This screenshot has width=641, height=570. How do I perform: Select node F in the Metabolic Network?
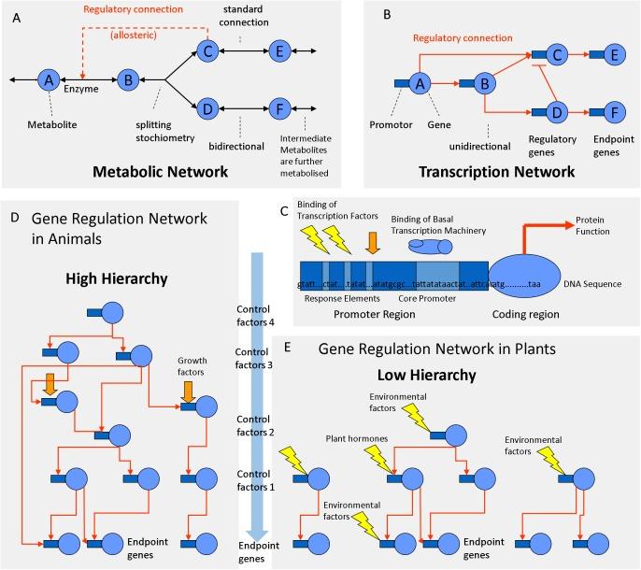click(x=278, y=108)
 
